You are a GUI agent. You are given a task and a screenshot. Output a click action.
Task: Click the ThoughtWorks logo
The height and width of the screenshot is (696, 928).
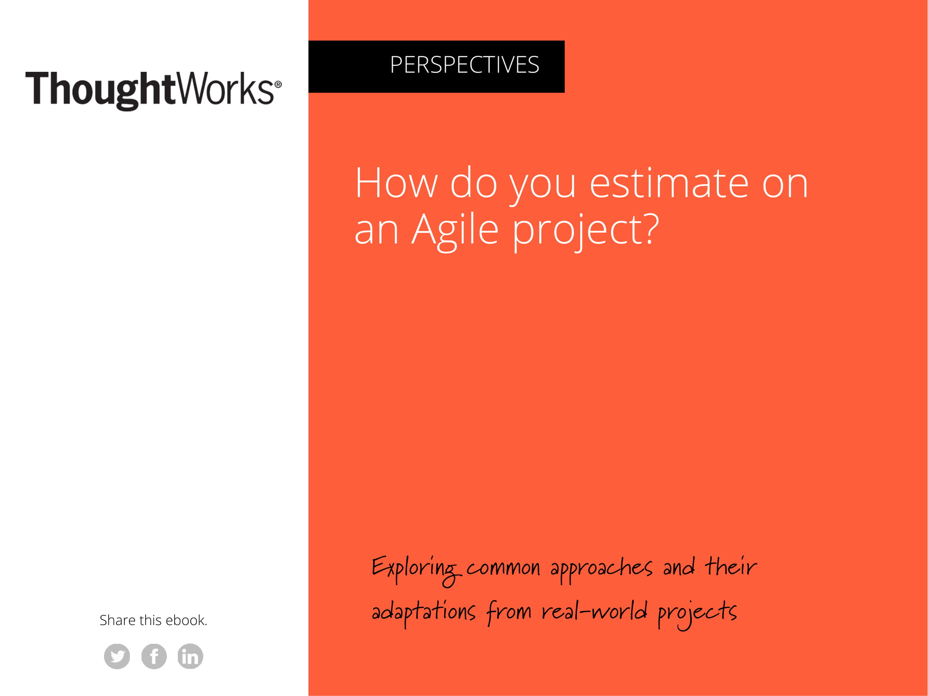click(x=153, y=90)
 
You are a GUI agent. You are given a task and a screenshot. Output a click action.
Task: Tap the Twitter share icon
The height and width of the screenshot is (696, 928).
click(x=117, y=656)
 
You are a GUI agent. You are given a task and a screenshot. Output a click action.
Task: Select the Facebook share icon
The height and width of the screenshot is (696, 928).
click(x=154, y=656)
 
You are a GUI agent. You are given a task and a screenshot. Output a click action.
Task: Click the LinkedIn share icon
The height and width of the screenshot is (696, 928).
click(x=190, y=656)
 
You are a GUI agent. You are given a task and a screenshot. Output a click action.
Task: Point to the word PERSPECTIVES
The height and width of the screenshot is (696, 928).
click(x=465, y=65)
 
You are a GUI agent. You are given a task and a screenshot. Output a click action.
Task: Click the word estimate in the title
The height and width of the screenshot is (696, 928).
click(x=669, y=183)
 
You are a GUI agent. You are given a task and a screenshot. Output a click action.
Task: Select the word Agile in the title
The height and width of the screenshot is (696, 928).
click(x=455, y=230)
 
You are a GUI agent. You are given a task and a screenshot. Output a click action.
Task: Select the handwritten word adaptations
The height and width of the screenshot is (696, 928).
click(x=424, y=612)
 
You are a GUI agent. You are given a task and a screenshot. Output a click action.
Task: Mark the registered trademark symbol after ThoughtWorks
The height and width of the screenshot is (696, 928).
click(x=278, y=85)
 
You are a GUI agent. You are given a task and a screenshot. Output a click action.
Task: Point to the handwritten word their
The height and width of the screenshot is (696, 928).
click(x=731, y=567)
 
